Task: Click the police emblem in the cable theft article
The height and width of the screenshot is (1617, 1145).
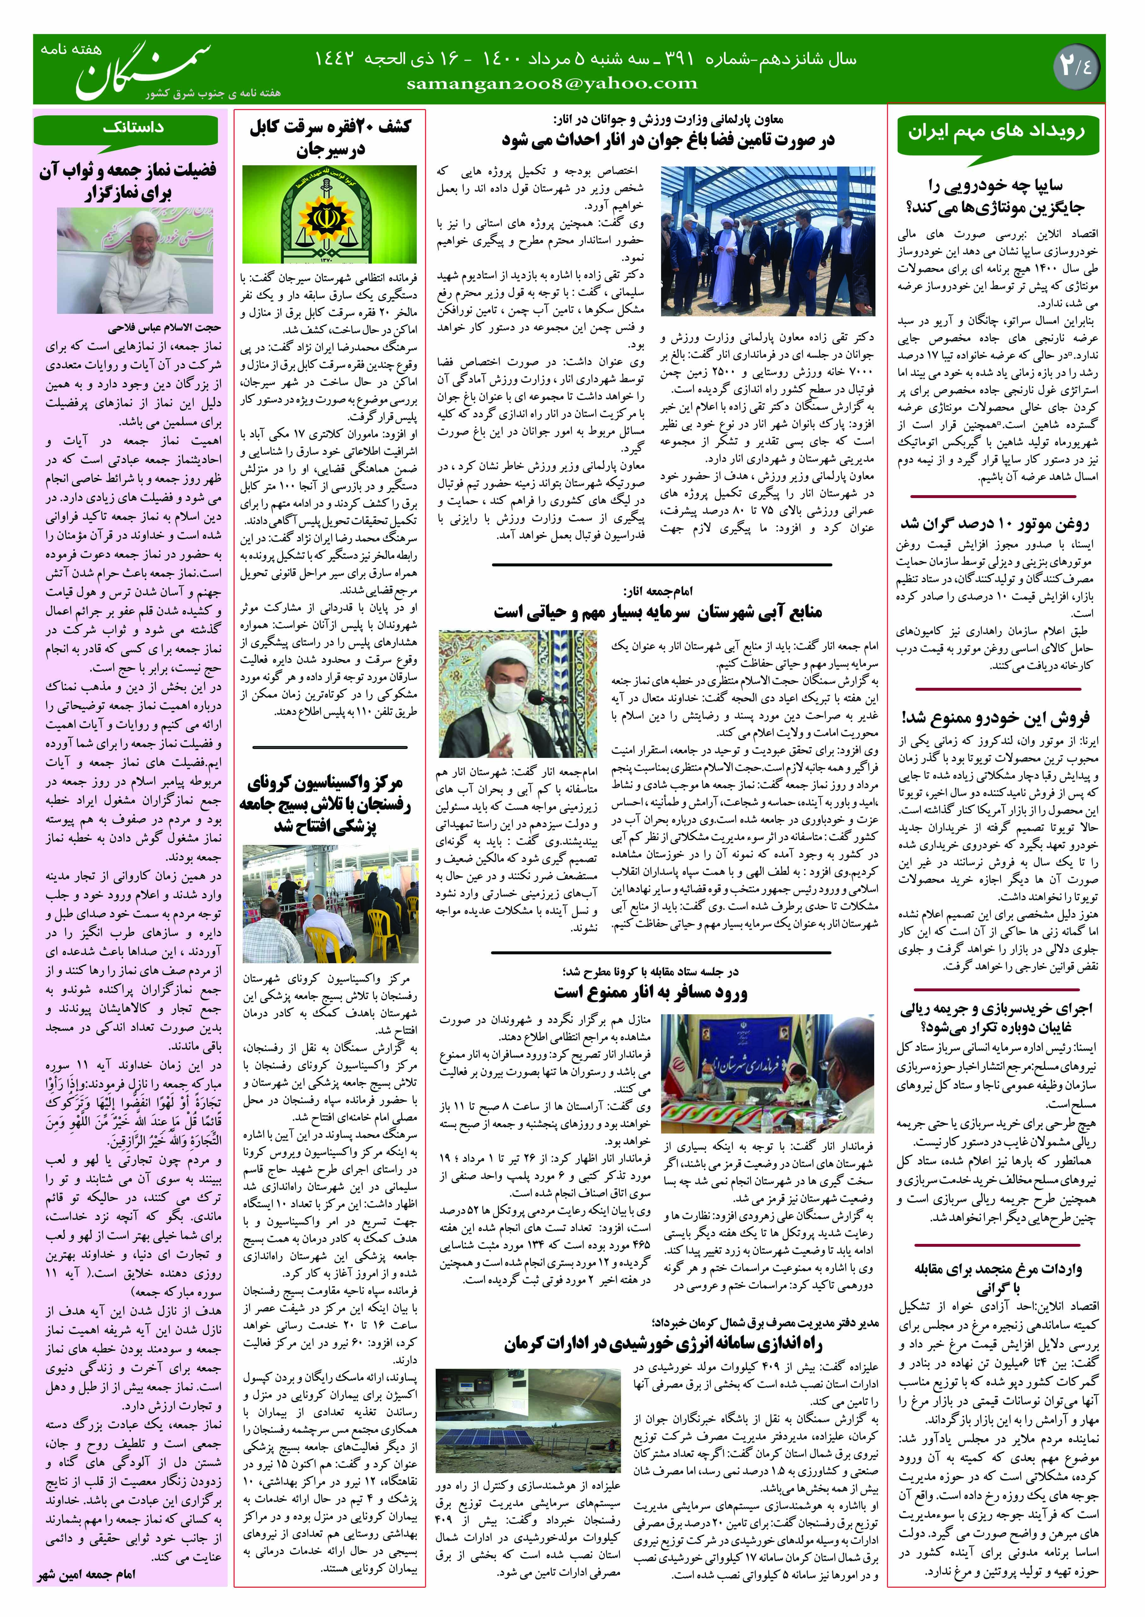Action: click(329, 214)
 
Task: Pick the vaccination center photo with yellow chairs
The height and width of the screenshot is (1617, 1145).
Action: click(329, 906)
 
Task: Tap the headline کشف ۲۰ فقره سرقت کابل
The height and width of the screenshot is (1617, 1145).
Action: click(329, 138)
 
